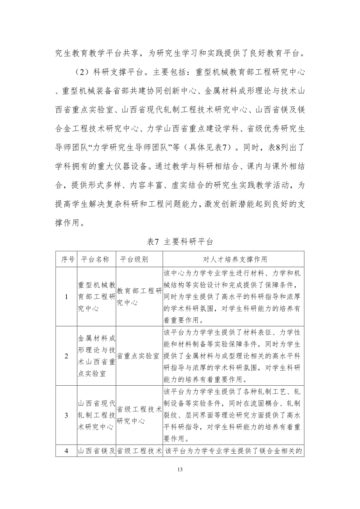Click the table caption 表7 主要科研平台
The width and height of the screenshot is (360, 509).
tap(180, 241)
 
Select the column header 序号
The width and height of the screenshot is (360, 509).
tap(67, 259)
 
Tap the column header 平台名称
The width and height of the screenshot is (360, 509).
tap(96, 259)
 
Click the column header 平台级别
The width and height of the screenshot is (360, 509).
tap(134, 259)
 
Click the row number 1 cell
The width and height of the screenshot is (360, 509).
tap(67, 297)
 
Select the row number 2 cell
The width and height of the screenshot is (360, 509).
tap(67, 356)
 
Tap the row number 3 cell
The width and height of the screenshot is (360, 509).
tap(67, 415)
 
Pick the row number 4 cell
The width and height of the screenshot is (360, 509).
tap(67, 451)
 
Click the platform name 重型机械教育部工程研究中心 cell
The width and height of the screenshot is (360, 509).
tap(96, 297)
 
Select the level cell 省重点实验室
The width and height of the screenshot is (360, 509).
tap(138, 356)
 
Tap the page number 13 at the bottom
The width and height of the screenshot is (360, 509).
tap(180, 469)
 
